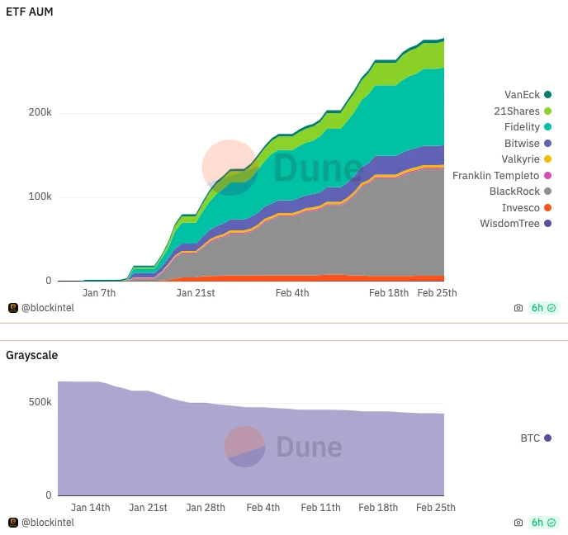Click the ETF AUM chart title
(x=30, y=12)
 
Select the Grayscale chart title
(x=31, y=355)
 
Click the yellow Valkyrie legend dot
(x=547, y=159)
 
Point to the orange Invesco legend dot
(x=547, y=207)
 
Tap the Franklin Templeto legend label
(x=495, y=176)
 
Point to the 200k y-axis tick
(x=43, y=113)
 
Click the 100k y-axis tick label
(x=43, y=197)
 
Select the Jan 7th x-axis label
(x=99, y=293)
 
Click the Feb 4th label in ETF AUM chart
(x=292, y=293)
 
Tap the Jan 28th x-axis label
(x=206, y=508)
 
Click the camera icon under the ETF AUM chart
(x=518, y=308)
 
